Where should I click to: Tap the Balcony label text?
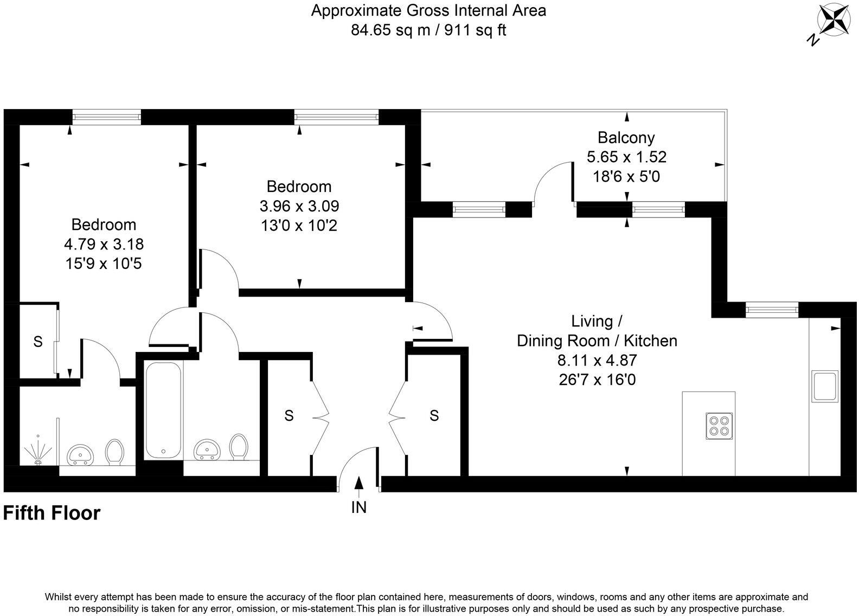click(626, 137)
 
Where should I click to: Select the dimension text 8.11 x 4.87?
click(597, 360)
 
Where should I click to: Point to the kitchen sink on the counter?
click(824, 386)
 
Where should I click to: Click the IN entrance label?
click(359, 508)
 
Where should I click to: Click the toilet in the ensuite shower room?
click(114, 451)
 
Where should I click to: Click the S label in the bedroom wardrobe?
click(37, 342)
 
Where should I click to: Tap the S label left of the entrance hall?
click(289, 416)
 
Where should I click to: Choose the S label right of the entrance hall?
click(434, 416)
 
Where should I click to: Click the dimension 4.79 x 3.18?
click(104, 244)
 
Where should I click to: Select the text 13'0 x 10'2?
click(299, 226)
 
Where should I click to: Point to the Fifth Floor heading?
click(52, 513)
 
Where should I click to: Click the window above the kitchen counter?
click(771, 310)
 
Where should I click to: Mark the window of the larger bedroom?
click(106, 117)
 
